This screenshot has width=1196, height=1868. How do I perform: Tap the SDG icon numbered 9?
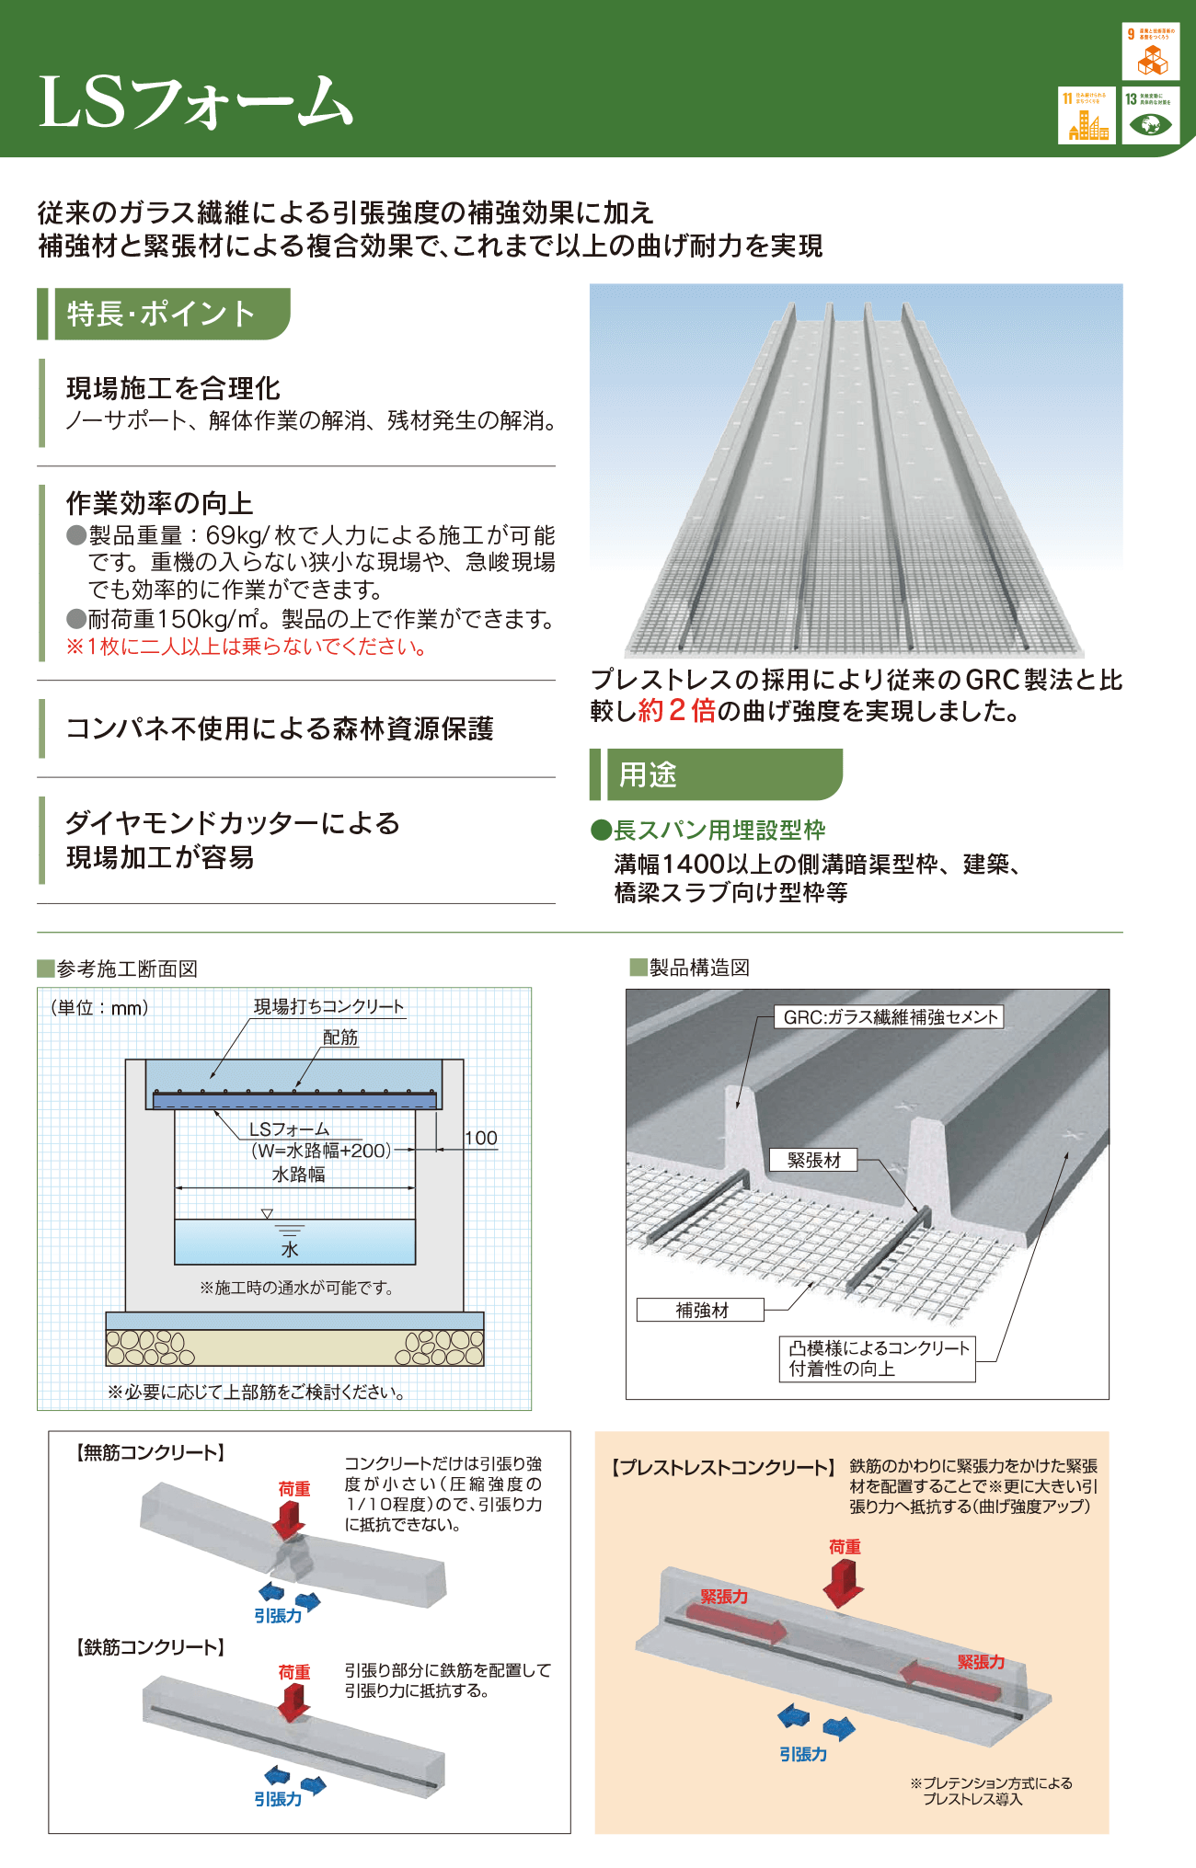point(1150,52)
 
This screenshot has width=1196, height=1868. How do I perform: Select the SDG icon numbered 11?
point(1087,115)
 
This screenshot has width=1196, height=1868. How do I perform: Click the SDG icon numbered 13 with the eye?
point(1150,115)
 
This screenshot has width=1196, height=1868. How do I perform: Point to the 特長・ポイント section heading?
point(162,314)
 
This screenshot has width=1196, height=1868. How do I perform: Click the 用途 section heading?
point(648,774)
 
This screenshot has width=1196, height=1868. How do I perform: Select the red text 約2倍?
point(676,711)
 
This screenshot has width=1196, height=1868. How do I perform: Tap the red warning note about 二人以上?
point(247,647)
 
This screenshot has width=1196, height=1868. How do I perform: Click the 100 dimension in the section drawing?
point(480,1139)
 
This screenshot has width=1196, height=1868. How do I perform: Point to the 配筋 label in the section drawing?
point(339,1037)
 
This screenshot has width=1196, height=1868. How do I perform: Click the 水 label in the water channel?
point(290,1249)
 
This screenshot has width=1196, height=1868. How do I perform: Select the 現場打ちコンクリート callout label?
point(328,1006)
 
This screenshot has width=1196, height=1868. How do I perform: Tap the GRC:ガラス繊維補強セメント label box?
point(890,1016)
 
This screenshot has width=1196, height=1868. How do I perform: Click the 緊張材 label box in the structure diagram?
point(813,1160)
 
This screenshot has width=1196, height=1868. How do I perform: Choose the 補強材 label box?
point(701,1310)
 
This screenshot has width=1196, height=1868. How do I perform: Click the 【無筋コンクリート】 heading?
point(150,1452)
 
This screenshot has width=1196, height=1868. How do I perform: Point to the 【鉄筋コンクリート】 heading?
point(150,1646)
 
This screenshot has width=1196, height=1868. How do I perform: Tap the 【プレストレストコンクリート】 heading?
point(723,1467)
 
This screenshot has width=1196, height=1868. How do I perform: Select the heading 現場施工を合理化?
point(173,388)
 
